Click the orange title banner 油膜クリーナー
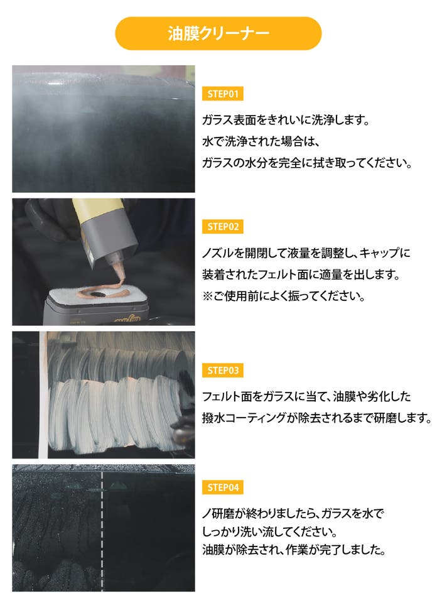pyautogui.click(x=218, y=33)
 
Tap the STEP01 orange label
pyautogui.click(x=222, y=94)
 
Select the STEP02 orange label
pyautogui.click(x=222, y=227)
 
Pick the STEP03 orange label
pyautogui.click(x=222, y=371)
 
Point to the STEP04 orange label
pyautogui.click(x=222, y=487)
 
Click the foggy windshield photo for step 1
pyautogui.click(x=104, y=129)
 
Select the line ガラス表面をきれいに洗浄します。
pyautogui.click(x=286, y=120)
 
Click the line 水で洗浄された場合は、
pyautogui.click(x=261, y=141)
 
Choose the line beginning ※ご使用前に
pyautogui.click(x=284, y=296)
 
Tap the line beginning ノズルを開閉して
pyautogui.click(x=306, y=253)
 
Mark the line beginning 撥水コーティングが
pyautogui.click(x=317, y=418)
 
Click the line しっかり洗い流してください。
pyautogui.click(x=270, y=531)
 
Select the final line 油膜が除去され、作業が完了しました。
pyautogui.click(x=294, y=550)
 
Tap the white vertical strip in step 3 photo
pyautogui.click(x=43, y=394)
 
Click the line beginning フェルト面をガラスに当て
pyautogui.click(x=306, y=396)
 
